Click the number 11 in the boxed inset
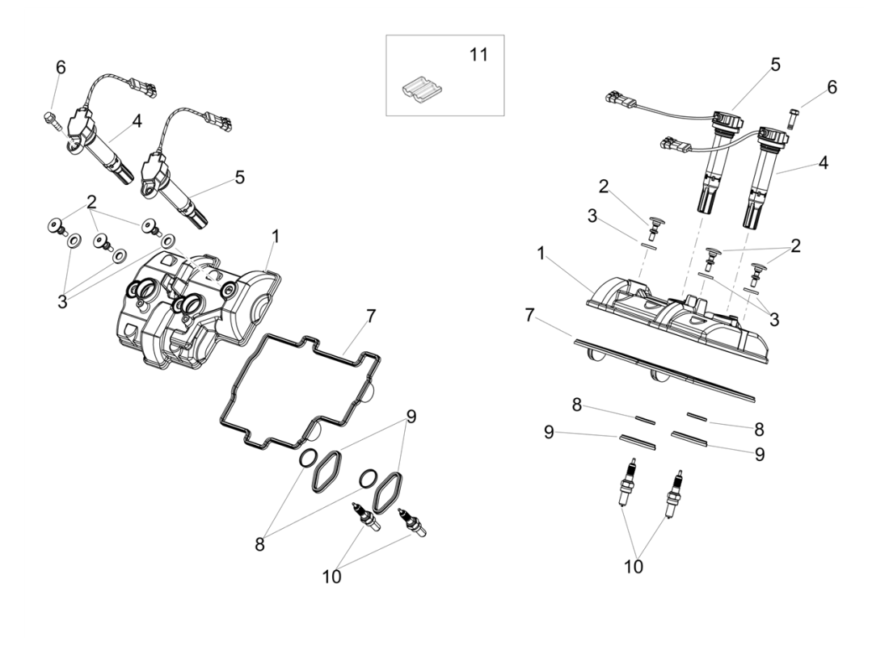click(479, 55)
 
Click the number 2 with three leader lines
click(91, 201)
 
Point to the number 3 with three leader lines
click(62, 301)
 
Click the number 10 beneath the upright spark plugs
click(634, 567)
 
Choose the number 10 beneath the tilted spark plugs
click(331, 577)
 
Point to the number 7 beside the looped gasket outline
click(371, 316)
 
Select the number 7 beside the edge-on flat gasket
click(529, 315)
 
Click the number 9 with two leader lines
click(411, 417)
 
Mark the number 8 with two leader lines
click(259, 544)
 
